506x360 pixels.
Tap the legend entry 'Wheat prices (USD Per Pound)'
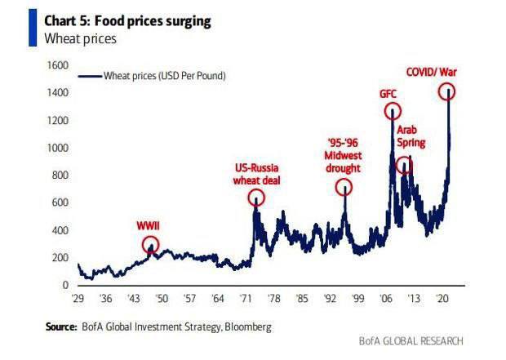click(164, 75)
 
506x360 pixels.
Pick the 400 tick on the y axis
click(60, 230)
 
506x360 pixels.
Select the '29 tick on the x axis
click(79, 298)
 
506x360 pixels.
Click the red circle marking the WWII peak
click(150, 244)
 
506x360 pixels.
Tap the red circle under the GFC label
click(393, 111)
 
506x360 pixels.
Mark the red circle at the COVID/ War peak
click(447, 91)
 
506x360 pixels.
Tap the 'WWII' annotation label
click(148, 226)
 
